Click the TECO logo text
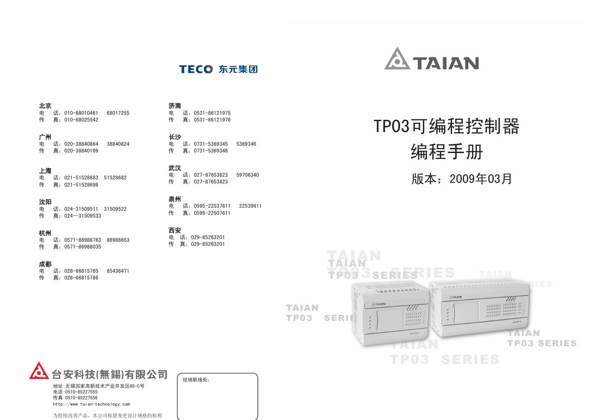click(196, 69)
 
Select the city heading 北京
click(45, 106)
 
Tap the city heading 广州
click(45, 137)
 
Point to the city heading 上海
click(45, 171)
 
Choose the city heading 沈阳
click(45, 202)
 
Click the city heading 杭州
click(45, 233)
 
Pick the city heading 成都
click(45, 264)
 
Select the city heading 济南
click(175, 106)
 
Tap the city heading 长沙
click(175, 137)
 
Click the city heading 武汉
click(175, 168)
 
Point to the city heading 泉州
click(175, 199)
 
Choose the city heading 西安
click(175, 230)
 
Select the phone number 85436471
click(118, 271)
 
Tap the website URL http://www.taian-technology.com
click(91, 404)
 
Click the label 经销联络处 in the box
click(196, 380)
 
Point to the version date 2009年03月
click(481, 179)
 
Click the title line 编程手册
click(447, 152)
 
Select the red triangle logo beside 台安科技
click(39, 371)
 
